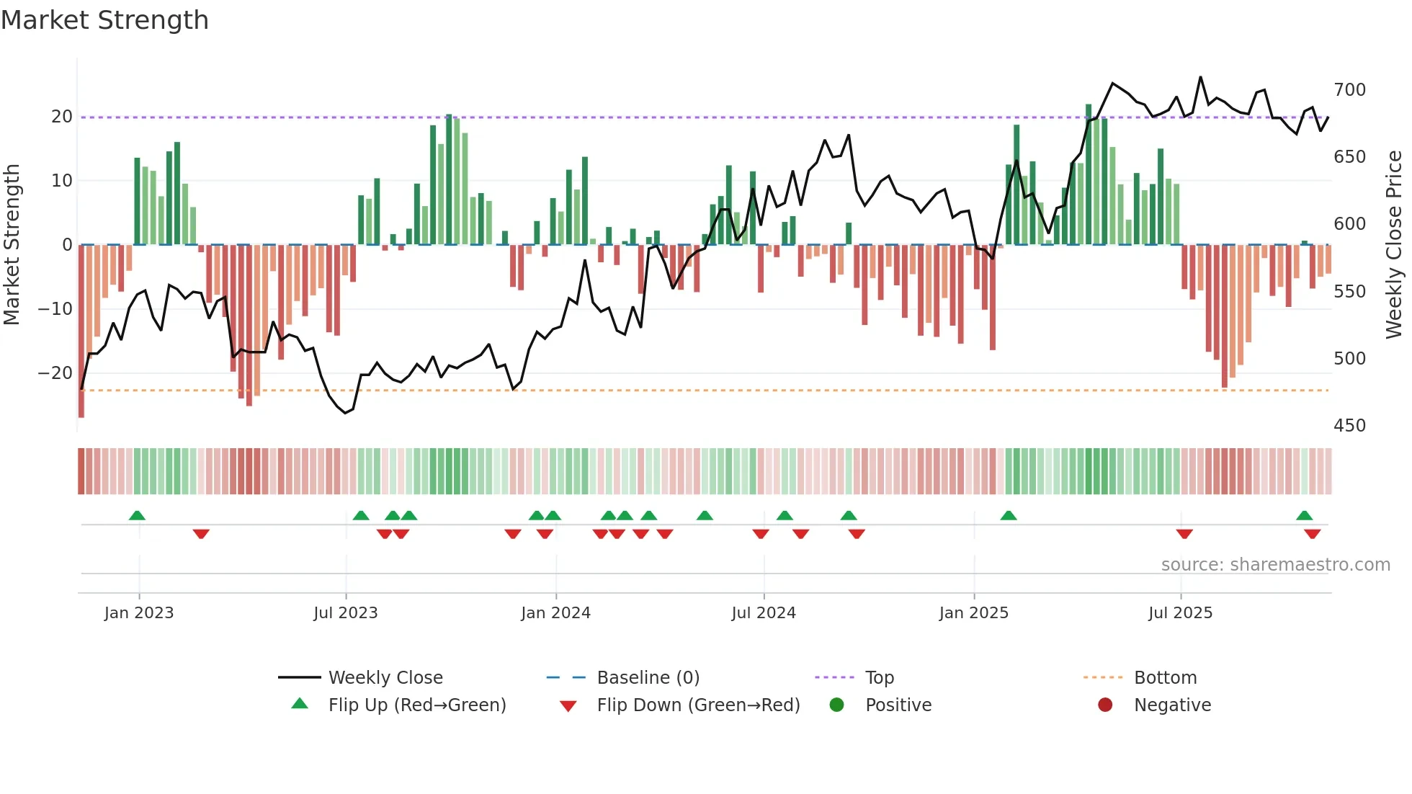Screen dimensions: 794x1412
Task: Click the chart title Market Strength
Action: click(105, 20)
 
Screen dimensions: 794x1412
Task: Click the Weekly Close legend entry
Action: click(385, 677)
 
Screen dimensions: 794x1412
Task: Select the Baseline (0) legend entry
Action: click(648, 677)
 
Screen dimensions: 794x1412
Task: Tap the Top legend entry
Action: click(879, 677)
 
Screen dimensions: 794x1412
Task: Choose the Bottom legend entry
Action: click(1165, 677)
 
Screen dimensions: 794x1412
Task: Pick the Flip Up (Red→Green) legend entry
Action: click(416, 705)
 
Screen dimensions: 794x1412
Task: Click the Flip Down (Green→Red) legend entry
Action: click(697, 705)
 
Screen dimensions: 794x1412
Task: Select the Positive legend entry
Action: click(898, 705)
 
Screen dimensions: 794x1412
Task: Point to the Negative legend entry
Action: click(1172, 705)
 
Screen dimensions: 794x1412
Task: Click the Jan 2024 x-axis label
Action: click(555, 612)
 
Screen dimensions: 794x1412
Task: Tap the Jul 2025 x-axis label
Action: click(1180, 612)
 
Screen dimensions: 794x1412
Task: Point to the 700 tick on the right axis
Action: click(1349, 90)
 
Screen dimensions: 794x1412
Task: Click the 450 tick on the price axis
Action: click(1349, 425)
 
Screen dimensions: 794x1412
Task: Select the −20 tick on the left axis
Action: click(55, 373)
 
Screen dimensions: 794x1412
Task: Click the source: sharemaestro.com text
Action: click(1275, 564)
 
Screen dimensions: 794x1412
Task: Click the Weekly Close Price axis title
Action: click(1394, 245)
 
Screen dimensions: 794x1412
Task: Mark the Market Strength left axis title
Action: click(12, 245)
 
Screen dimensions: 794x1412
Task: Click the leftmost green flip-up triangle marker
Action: click(137, 515)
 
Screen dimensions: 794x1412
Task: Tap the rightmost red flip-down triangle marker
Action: click(1312, 534)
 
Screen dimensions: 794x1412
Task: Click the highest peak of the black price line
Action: click(1200, 77)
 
